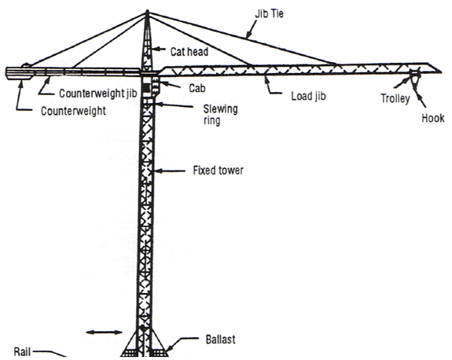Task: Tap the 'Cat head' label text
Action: [x=190, y=52]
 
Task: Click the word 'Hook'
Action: [x=432, y=119]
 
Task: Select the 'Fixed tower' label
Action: [x=218, y=170]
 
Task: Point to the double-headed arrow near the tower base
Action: [x=104, y=333]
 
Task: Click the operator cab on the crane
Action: [x=149, y=83]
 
